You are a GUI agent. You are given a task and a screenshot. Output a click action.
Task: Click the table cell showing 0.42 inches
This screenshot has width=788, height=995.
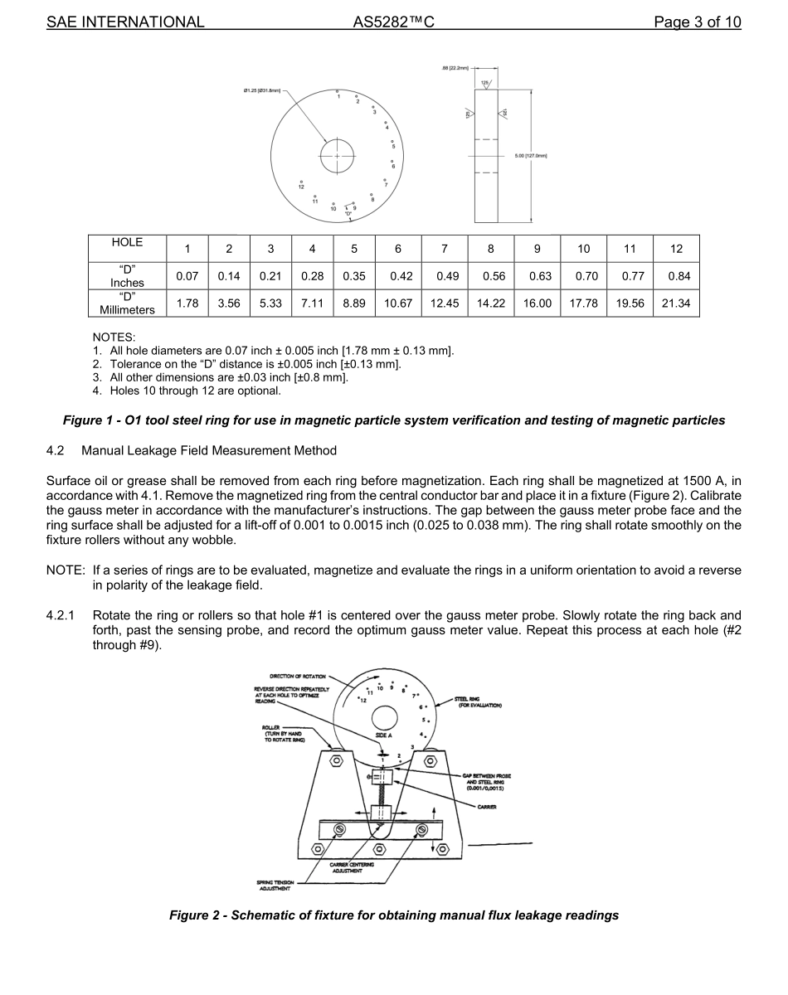point(398,276)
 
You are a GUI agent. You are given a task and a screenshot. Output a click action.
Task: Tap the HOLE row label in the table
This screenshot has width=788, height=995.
point(127,243)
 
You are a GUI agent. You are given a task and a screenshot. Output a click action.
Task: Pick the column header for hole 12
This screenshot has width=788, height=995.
point(676,249)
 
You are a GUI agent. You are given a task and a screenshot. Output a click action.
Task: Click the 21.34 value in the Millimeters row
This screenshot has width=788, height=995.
point(676,303)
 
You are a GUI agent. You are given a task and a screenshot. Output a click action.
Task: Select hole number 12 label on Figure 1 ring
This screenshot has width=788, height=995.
point(302,187)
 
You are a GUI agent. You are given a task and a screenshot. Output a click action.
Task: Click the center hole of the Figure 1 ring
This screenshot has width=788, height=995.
point(337,156)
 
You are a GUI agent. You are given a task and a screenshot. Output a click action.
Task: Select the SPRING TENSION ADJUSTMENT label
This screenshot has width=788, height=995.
point(280,885)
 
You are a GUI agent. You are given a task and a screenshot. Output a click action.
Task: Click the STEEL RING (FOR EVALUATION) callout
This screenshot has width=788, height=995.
point(480,702)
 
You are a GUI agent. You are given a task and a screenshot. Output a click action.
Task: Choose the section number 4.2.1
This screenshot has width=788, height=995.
point(61,615)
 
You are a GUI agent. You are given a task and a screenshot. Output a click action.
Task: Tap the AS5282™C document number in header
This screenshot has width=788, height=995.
point(393,22)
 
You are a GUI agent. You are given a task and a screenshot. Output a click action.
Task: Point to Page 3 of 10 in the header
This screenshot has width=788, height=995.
point(697,22)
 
